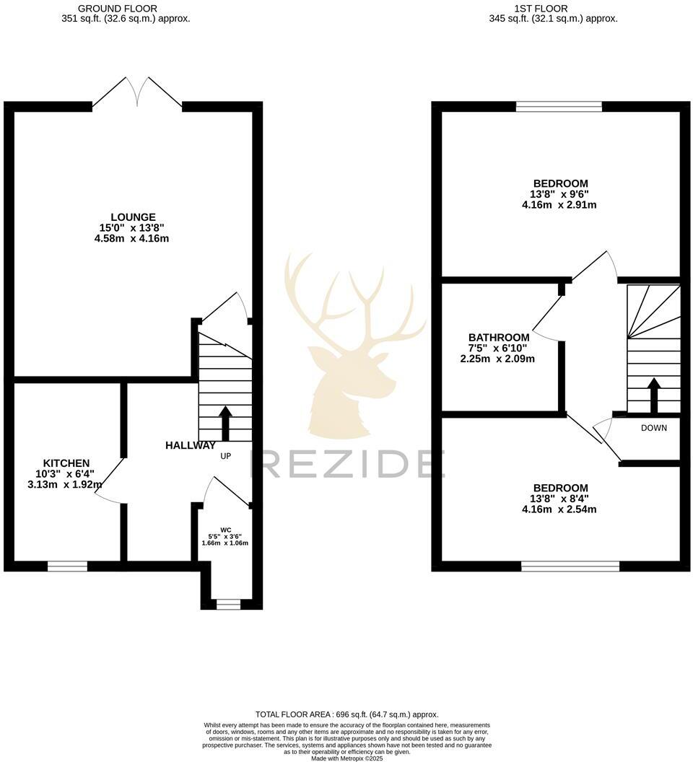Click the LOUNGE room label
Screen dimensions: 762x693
[x=133, y=217]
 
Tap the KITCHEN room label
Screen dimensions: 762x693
[x=66, y=463]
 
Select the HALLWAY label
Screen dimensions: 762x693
[x=191, y=446]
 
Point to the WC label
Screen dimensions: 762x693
[x=225, y=529]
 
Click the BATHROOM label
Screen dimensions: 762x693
[x=499, y=337]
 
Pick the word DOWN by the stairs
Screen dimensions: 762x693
[x=654, y=428]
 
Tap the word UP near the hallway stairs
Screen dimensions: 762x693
[x=226, y=457]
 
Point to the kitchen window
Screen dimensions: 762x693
[x=68, y=566]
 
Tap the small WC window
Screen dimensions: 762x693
[x=228, y=604]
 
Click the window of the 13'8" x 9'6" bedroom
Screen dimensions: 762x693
[x=559, y=107]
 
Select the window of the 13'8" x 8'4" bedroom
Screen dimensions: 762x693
[x=570, y=566]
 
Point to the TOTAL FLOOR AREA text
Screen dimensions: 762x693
[x=347, y=714]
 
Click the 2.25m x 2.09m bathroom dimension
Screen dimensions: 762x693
[x=498, y=359]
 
